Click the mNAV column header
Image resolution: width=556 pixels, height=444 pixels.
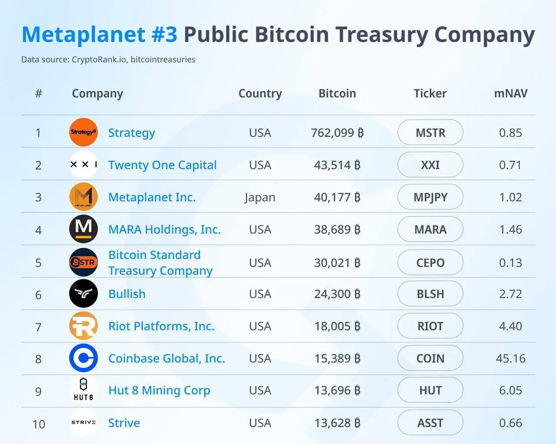point(510,93)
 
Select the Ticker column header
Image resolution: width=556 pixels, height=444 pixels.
point(430,93)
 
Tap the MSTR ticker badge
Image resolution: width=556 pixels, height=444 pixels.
point(430,133)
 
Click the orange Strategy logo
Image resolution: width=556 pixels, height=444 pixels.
point(83,132)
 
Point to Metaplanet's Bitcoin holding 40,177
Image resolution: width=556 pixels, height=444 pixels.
point(337,197)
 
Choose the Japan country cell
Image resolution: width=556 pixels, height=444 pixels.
point(260,197)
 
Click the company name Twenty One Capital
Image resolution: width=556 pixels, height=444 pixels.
point(162,165)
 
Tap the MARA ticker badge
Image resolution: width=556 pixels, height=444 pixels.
point(430,229)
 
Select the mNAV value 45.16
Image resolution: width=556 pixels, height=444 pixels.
point(510,358)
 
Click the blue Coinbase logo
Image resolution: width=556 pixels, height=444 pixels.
point(83,358)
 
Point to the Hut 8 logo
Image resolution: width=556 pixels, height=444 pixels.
point(83,390)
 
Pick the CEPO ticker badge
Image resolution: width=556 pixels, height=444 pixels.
point(430,263)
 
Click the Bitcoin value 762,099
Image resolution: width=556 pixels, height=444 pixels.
point(337,133)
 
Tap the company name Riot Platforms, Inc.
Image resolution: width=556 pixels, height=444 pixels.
point(161,326)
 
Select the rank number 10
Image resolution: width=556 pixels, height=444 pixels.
point(39,424)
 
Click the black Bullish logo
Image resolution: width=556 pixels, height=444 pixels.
point(83,294)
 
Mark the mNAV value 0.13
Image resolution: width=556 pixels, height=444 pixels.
point(510,263)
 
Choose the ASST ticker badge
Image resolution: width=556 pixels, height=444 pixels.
point(430,423)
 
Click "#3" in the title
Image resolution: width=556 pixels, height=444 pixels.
point(164,34)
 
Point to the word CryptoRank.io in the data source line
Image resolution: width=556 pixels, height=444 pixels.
point(99,60)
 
